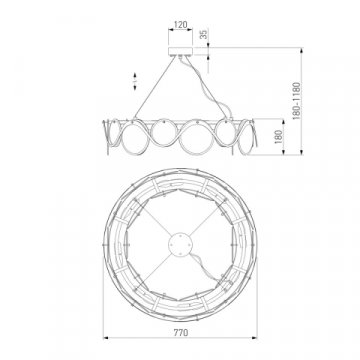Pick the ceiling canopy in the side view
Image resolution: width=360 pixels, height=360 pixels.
[x=181, y=45]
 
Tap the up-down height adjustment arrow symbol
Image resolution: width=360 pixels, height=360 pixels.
[x=135, y=78]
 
